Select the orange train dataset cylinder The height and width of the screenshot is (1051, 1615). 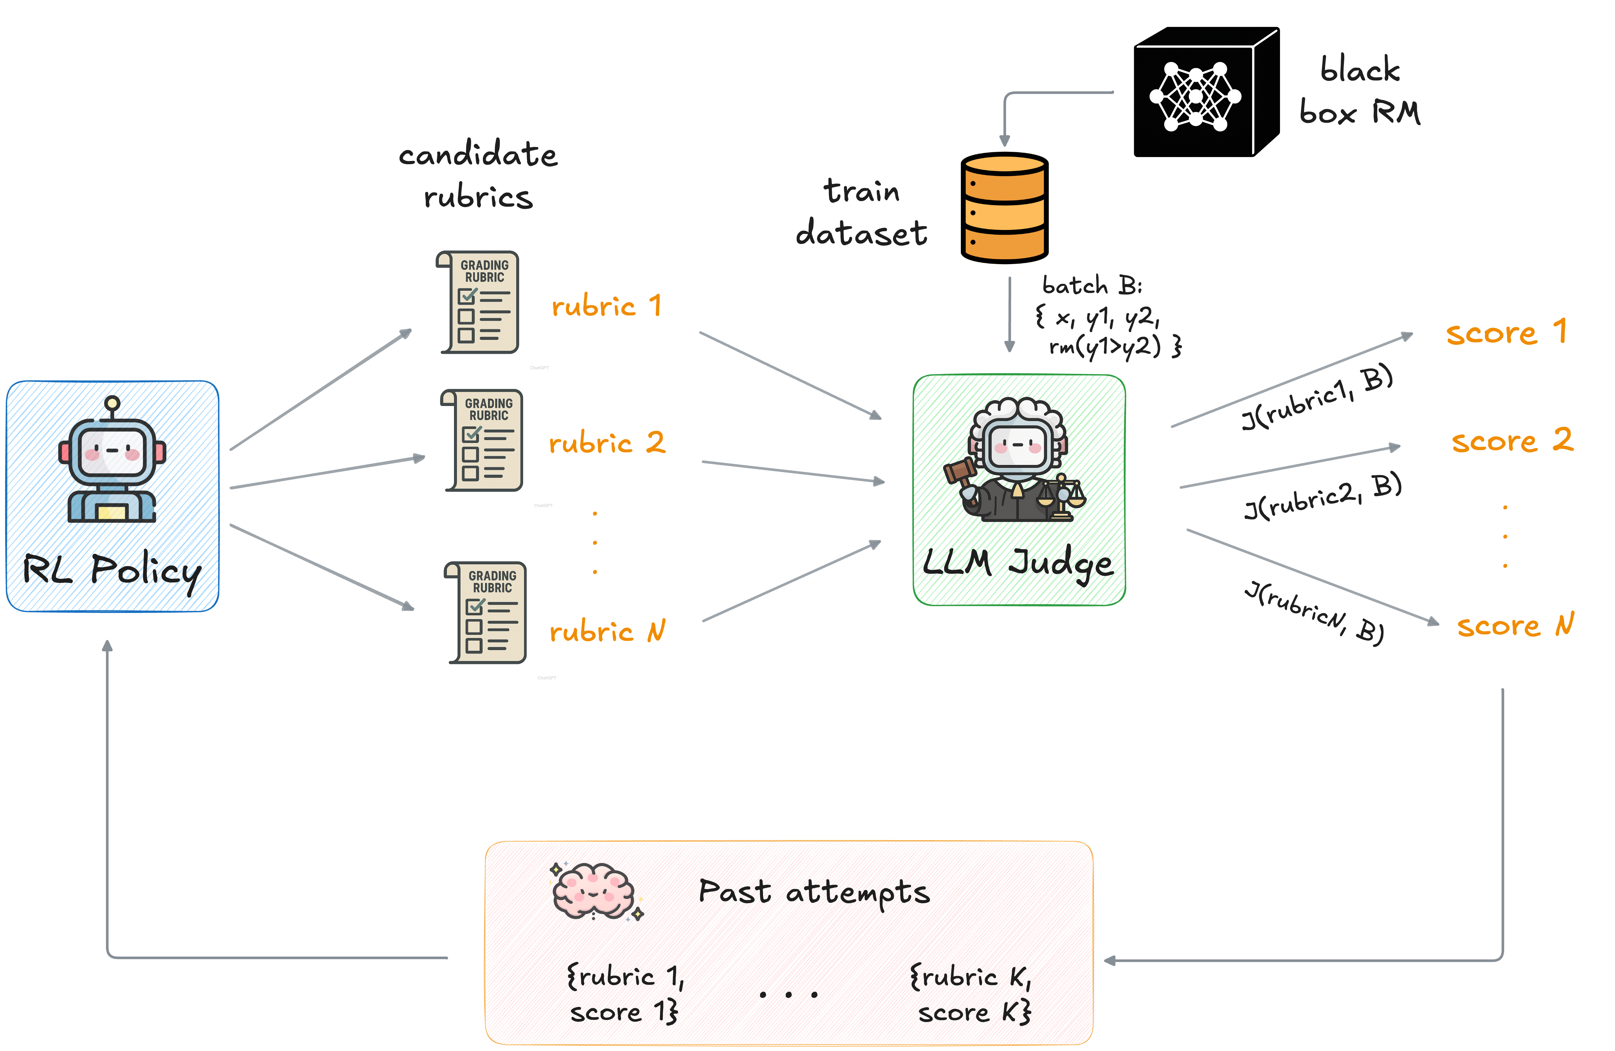(1004, 208)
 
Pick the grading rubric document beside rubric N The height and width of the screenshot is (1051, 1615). (486, 612)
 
